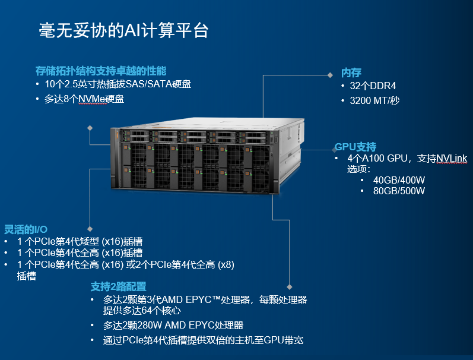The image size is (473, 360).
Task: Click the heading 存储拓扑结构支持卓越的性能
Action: click(101, 71)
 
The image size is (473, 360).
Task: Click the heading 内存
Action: click(351, 72)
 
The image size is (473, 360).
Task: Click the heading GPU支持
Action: click(355, 147)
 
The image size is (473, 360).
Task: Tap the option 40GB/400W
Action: click(399, 180)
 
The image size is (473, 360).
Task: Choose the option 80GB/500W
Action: click(399, 191)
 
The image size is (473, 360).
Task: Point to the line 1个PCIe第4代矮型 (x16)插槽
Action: click(80, 242)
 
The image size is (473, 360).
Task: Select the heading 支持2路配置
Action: click(119, 286)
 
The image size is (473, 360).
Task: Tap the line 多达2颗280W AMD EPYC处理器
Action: click(173, 325)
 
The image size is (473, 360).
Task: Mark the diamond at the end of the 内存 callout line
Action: click(331, 75)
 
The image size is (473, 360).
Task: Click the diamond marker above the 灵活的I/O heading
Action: click(90, 228)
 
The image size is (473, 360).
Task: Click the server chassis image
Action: click(205, 157)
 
